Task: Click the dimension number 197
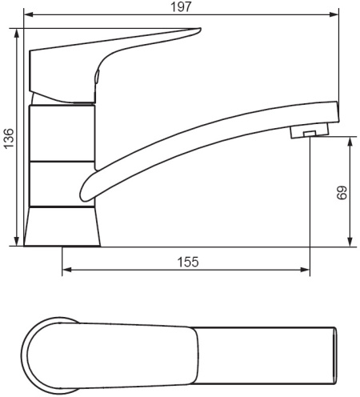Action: pyautogui.click(x=181, y=6)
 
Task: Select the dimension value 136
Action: pyautogui.click(x=9, y=138)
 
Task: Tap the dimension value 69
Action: pyautogui.click(x=342, y=193)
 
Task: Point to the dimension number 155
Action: pyautogui.click(x=188, y=262)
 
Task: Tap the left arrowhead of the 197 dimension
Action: pyautogui.click(x=28, y=14)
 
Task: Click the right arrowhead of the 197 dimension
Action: pyautogui.click(x=334, y=14)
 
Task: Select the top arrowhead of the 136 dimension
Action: pyautogui.click(x=17, y=33)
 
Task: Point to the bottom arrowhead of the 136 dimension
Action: pyautogui.click(x=17, y=241)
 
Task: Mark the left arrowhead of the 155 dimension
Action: pyautogui.click(x=66, y=270)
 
